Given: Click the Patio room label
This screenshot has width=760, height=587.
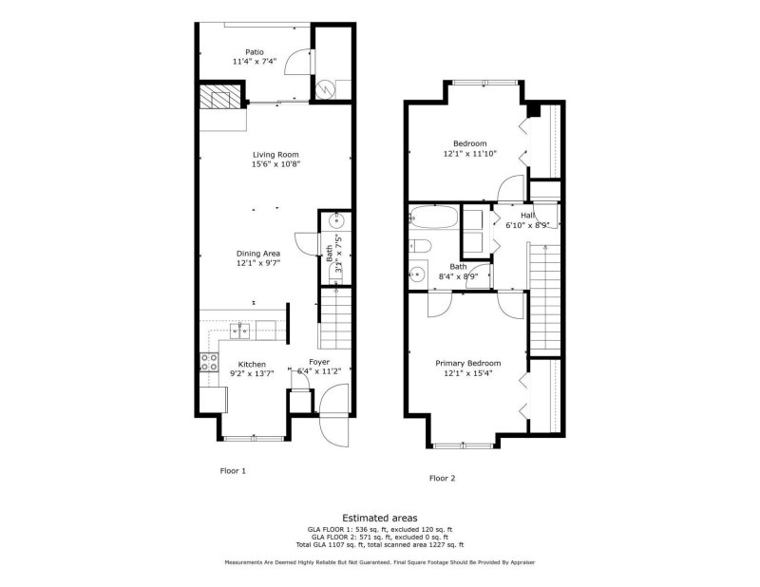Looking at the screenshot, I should click(x=254, y=52).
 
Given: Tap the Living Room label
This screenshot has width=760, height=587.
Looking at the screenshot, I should click(x=275, y=155).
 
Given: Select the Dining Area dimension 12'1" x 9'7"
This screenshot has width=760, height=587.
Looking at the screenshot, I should click(x=257, y=264).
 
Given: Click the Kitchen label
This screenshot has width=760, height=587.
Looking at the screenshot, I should click(x=252, y=364).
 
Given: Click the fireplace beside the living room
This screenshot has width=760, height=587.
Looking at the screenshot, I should click(x=221, y=99).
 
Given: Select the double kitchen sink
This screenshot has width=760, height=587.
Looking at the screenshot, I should click(x=238, y=331).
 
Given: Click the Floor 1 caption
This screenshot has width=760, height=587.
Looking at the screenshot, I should click(x=233, y=470).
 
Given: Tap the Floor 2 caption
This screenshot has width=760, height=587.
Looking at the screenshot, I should click(x=442, y=478).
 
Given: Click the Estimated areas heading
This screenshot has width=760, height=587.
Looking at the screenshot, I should click(x=379, y=517).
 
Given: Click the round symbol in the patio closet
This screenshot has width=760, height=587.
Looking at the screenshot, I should click(x=325, y=86).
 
